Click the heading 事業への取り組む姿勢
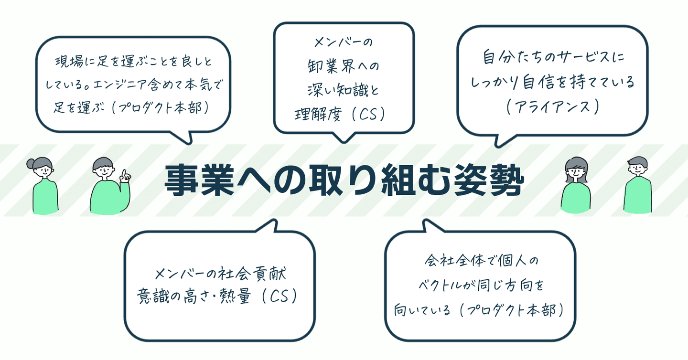coord(344,180)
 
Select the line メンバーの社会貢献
coord(220,275)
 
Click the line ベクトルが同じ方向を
coord(481,287)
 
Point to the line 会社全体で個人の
coord(481,262)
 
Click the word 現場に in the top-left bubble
coord(70,63)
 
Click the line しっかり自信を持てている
coord(552,83)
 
